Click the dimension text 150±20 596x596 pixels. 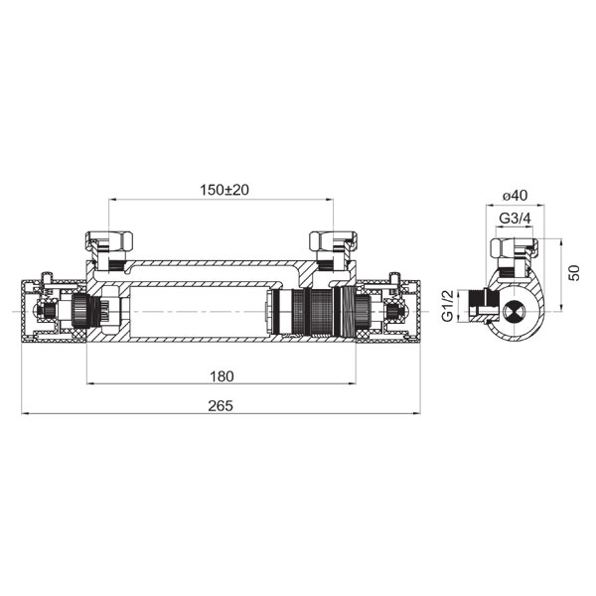(x=224, y=190)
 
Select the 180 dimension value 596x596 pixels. (x=222, y=376)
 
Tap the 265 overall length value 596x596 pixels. (x=221, y=406)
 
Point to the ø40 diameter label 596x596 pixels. (x=515, y=196)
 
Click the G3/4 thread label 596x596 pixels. (x=515, y=219)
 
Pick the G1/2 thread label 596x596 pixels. (x=448, y=306)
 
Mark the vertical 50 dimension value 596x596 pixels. (x=575, y=273)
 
